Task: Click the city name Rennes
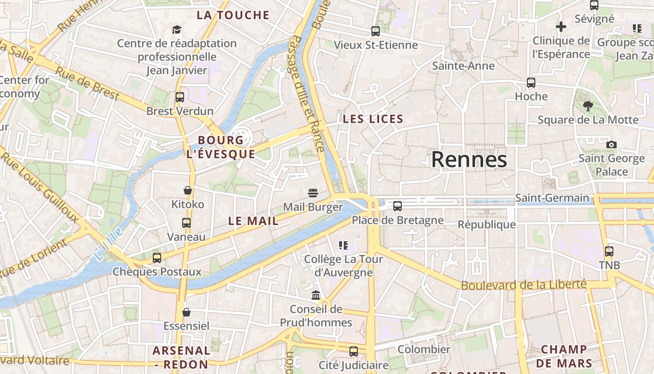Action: pyautogui.click(x=469, y=159)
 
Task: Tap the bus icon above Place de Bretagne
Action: pyautogui.click(x=397, y=206)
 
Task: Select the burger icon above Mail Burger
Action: pyautogui.click(x=313, y=193)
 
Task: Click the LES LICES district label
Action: pyautogui.click(x=373, y=119)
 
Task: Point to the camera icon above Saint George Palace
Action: pyautogui.click(x=611, y=144)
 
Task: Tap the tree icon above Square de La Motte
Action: pyautogui.click(x=588, y=106)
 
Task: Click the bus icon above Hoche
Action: pyautogui.click(x=531, y=83)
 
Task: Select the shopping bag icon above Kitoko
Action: pyautogui.click(x=187, y=190)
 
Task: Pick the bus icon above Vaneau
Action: pyautogui.click(x=186, y=223)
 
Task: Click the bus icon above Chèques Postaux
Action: pyautogui.click(x=156, y=258)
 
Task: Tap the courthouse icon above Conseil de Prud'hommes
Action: pyautogui.click(x=316, y=295)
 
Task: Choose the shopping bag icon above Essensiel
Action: pyautogui.click(x=186, y=312)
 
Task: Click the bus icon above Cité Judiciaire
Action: pyautogui.click(x=353, y=351)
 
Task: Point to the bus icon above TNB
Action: pyautogui.click(x=609, y=251)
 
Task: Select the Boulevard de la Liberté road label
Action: pyautogui.click(x=523, y=284)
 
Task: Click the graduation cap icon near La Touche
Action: pyautogui.click(x=176, y=29)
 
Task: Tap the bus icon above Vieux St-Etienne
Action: pyautogui.click(x=375, y=31)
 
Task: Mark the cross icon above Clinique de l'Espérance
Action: pyautogui.click(x=561, y=27)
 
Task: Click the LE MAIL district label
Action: pyautogui.click(x=253, y=221)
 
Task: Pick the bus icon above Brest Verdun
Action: pyautogui.click(x=179, y=97)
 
